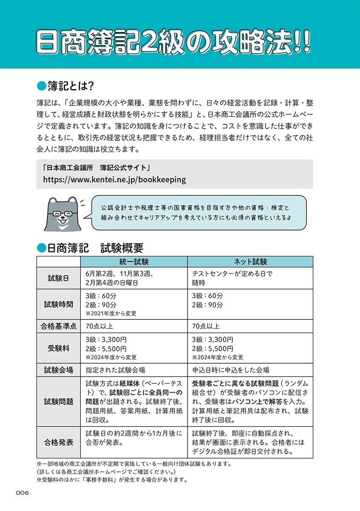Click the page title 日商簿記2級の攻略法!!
point(174,41)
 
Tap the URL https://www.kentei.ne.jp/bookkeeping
point(114,179)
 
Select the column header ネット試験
point(250,261)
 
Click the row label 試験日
point(58,278)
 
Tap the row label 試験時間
point(58,304)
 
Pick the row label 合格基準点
point(58,327)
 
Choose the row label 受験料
point(58,348)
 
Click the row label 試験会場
point(58,370)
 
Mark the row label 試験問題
point(58,402)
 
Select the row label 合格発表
point(58,442)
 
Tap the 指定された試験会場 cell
point(115,370)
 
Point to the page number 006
point(22,493)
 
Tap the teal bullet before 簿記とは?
point(41,86)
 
